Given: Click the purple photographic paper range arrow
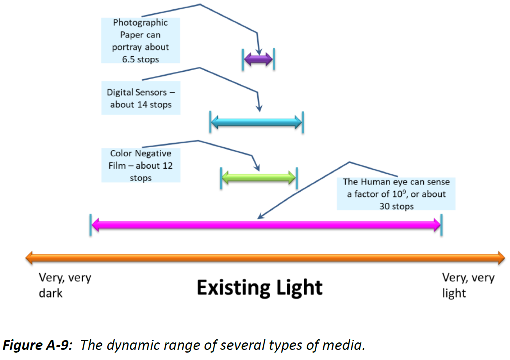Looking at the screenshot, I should pyautogui.click(x=258, y=59).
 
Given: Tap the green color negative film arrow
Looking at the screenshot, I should pyautogui.click(x=259, y=178).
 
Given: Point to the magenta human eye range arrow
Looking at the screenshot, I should pyautogui.click(x=266, y=225).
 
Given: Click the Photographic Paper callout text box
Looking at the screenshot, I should pyautogui.click(x=141, y=41).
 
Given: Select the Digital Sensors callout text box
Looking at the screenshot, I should pyautogui.click(x=141, y=98).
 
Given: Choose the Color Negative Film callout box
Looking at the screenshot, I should pyautogui.click(x=141, y=166).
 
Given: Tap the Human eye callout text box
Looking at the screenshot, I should pyautogui.click(x=396, y=194).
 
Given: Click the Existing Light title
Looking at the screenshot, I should pyautogui.click(x=260, y=288).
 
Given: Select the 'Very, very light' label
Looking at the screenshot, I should pyautogui.click(x=468, y=285).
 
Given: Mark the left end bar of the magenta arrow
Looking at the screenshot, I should pyautogui.click(x=91, y=225).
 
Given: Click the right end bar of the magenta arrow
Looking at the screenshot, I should pyautogui.click(x=441, y=225).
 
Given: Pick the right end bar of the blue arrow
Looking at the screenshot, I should pyautogui.click(x=303, y=123).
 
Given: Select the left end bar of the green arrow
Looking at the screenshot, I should pyautogui.click(x=221, y=178).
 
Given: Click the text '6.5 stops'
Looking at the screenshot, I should pyautogui.click(x=141, y=59).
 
